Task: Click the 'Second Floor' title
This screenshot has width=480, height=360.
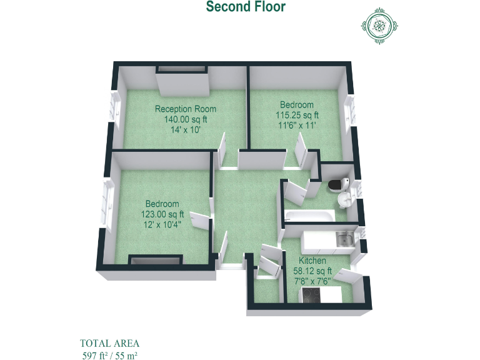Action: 246,7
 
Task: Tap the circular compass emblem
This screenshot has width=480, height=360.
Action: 379,26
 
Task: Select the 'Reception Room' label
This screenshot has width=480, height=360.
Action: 186,109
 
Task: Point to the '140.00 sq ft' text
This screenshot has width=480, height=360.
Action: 186,119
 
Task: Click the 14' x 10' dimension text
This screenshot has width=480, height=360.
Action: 186,130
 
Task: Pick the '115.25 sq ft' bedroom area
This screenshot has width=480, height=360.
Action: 297,115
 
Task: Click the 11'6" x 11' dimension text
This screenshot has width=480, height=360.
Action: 297,125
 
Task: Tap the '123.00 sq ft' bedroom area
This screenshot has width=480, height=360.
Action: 162,214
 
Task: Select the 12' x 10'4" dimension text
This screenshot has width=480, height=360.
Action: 162,225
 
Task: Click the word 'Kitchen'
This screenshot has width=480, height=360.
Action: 312,261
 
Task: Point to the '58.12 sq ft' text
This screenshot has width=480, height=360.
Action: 312,271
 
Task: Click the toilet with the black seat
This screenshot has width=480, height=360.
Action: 338,184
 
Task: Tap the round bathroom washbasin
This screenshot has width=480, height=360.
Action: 345,200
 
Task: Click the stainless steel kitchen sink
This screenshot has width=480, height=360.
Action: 343,238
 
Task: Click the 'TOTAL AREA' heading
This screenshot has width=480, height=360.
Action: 109,343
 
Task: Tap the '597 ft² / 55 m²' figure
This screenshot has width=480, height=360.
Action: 109,355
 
